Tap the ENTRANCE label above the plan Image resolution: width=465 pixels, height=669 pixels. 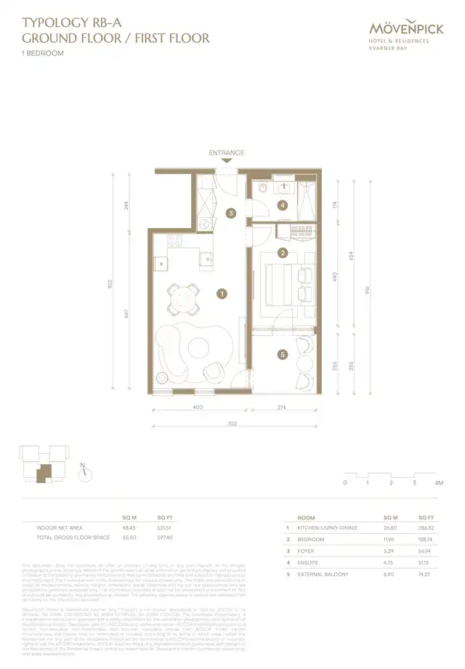pyautogui.click(x=226, y=153)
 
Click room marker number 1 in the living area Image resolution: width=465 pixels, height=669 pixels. pyautogui.click(x=222, y=294)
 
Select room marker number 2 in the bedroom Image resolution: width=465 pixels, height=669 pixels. pyautogui.click(x=283, y=253)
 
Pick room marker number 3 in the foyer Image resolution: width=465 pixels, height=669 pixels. pyautogui.click(x=230, y=214)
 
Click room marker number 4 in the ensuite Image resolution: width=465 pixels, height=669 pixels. pyautogui.click(x=283, y=206)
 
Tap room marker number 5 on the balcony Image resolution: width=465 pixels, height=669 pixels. pyautogui.click(x=283, y=354)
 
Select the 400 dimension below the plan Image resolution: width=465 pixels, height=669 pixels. pyautogui.click(x=198, y=408)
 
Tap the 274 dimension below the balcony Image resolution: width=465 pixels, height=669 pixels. pyautogui.click(x=283, y=408)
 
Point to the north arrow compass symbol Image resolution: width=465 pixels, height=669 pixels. pyautogui.click(x=85, y=472)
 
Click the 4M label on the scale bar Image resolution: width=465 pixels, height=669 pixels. pyautogui.click(x=438, y=482)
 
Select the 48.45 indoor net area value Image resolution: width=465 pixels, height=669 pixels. pyautogui.click(x=131, y=528)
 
